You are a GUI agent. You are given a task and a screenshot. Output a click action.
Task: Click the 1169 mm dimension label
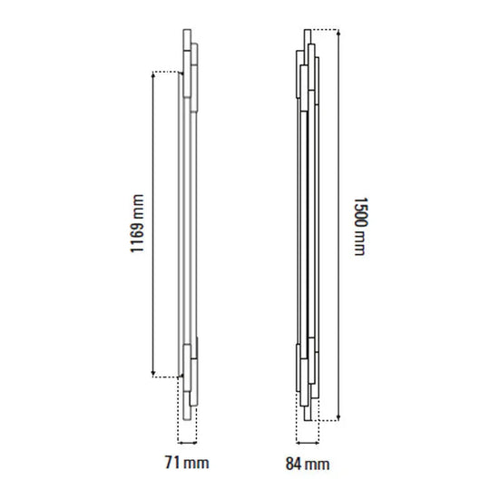coord(137,223)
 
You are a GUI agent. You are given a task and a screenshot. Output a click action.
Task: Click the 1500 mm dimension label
coord(361,226)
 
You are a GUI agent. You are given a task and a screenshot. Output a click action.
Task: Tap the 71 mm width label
coord(187,463)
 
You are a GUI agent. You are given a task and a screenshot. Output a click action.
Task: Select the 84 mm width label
coord(308,464)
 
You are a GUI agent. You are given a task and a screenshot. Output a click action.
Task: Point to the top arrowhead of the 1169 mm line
coord(153,74)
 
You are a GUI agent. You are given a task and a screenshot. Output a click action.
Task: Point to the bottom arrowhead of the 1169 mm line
coord(153,373)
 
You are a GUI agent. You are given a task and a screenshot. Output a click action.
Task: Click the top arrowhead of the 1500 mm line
coord(338,33)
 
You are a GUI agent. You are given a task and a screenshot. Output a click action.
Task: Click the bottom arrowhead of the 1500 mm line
coord(338,417)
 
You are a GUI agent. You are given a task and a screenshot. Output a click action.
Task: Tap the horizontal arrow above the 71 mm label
coord(187,442)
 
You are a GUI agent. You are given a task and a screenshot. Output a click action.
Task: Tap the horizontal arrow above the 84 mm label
coord(308,442)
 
